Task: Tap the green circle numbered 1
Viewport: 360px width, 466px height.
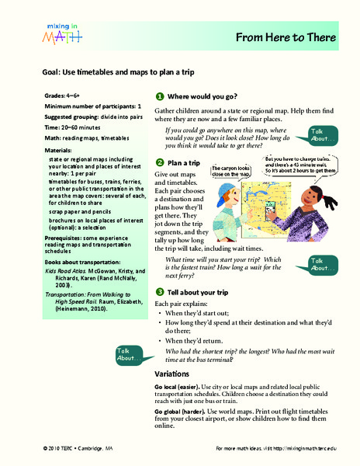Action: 159,96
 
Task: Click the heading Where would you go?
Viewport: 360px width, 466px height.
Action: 205,96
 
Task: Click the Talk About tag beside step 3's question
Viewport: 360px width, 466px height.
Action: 129,354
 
